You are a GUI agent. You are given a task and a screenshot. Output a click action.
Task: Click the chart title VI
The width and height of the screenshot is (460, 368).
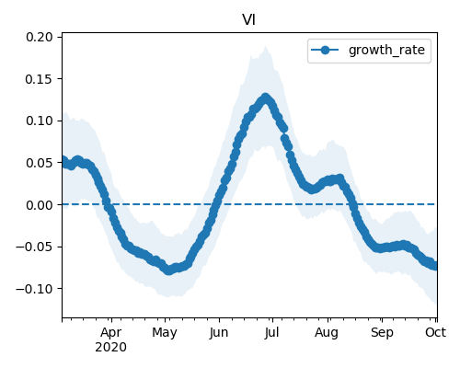[x=248, y=20]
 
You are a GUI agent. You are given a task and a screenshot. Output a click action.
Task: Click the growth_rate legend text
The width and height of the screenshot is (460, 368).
[x=386, y=50]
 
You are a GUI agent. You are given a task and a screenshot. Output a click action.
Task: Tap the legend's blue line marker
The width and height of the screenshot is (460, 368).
[x=325, y=50]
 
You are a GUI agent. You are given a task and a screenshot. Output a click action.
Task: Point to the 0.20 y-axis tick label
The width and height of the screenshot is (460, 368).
[x=40, y=37]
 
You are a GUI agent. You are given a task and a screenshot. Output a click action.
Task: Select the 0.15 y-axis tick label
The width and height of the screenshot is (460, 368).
[x=40, y=79]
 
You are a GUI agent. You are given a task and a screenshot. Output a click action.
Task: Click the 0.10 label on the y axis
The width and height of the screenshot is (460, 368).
[x=40, y=121]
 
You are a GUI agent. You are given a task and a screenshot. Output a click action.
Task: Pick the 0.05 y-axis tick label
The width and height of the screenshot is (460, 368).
[x=40, y=163]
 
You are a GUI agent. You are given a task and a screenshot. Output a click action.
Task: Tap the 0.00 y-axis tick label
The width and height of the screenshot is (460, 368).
[x=40, y=205]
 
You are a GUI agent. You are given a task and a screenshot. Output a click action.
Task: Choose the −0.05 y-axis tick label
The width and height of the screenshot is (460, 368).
[x=35, y=247]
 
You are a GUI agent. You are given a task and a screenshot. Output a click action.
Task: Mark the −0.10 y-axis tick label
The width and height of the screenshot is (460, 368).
[x=35, y=289]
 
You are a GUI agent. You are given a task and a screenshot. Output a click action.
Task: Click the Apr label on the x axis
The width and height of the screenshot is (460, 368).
[x=111, y=332]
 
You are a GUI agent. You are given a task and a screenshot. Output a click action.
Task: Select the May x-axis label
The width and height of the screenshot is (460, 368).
[x=165, y=333]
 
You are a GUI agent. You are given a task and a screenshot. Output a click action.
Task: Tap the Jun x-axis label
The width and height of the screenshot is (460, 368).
[x=219, y=332]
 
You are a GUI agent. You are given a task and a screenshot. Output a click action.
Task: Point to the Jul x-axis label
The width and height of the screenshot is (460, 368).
[x=271, y=332]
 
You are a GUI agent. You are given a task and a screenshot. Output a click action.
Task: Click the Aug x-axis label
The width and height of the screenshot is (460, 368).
[x=327, y=333]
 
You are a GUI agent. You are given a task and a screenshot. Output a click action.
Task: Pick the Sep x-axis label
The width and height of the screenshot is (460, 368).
[x=382, y=333]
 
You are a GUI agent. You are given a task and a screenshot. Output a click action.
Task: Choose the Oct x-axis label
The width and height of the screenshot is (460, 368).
[x=435, y=332]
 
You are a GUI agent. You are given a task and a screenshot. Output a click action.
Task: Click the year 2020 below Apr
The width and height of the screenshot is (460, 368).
[x=110, y=348]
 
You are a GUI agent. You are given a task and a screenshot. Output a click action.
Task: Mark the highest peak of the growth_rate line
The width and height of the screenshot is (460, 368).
[x=266, y=98]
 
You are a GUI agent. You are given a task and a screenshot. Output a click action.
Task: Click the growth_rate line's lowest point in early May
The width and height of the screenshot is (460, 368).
[x=168, y=270]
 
